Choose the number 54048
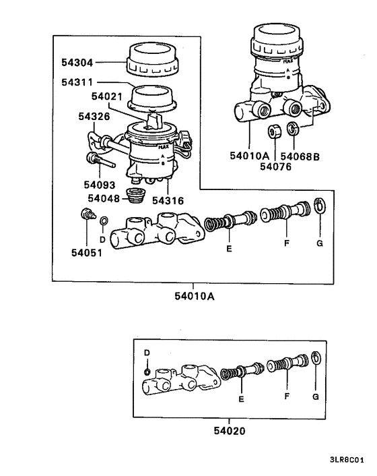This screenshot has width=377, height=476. tap(105, 199)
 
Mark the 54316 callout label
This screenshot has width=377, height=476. tap(168, 200)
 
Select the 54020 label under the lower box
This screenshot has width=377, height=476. tap(215, 429)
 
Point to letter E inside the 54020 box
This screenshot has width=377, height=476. tap(242, 398)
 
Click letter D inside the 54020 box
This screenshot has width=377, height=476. tap(147, 353)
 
